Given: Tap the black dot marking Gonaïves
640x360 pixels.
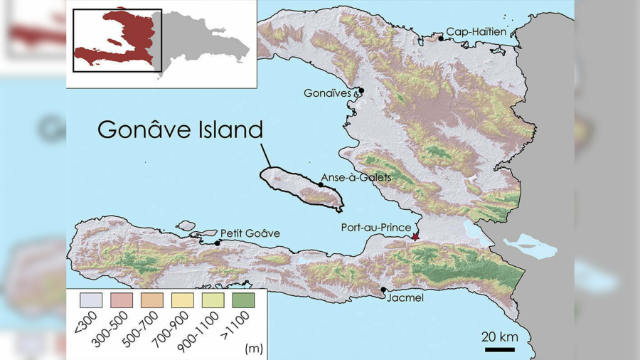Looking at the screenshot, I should [361, 90].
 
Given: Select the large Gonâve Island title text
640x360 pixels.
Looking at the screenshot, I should [180, 129].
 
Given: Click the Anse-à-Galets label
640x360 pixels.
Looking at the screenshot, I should [356, 177].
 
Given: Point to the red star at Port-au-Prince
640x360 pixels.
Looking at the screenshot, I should [415, 236].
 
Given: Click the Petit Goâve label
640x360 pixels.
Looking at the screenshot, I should [250, 233].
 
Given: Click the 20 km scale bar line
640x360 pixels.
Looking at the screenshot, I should [500, 349].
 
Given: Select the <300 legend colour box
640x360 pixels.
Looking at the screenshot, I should [91, 300].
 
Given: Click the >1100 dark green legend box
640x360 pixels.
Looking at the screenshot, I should [243, 300].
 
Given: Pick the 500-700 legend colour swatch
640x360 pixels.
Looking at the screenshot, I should [152, 300].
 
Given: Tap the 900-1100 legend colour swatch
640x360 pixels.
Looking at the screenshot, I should [213, 300].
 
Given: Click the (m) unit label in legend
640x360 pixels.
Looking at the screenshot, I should [252, 348].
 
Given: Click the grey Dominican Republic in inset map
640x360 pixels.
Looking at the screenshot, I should [206, 43].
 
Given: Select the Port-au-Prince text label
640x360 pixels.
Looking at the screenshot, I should [375, 228].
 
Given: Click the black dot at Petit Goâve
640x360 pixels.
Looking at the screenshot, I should [217, 243].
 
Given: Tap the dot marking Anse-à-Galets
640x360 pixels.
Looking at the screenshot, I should [321, 185].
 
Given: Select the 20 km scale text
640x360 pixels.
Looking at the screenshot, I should [498, 337].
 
